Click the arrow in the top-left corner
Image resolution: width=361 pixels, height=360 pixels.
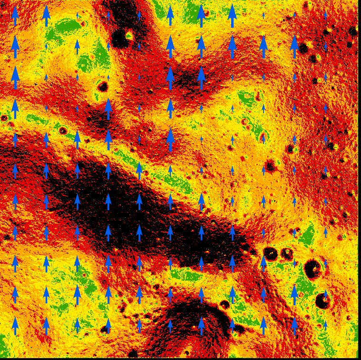pos(15,15)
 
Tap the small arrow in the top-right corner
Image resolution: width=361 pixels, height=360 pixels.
pos(325,15)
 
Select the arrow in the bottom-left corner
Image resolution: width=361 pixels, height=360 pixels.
pos(15,326)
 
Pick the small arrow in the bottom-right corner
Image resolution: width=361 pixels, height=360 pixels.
pos(325,325)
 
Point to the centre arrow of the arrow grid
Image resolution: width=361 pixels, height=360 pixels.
pos(170,170)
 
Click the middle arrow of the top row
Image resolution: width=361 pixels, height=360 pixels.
pos(170,15)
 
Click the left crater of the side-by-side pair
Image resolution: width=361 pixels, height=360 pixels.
pos(271,253)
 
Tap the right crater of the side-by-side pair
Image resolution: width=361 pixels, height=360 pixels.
pos(287,253)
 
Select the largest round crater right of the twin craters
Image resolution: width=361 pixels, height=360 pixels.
pos(313,269)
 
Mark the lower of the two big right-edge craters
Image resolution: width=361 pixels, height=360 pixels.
pos(322,301)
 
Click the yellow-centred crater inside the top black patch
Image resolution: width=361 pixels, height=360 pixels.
pos(128,34)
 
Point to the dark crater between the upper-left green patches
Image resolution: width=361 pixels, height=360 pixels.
pos(103,87)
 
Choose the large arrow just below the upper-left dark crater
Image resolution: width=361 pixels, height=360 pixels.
pos(108,108)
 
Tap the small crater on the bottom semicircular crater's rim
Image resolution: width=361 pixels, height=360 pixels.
pos(225,305)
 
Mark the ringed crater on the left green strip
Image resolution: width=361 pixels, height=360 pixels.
pos(62,130)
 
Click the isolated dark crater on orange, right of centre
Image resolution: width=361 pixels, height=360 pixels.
pos(270,166)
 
